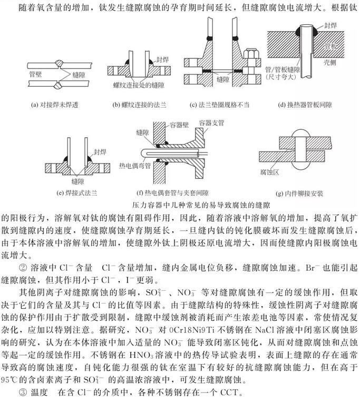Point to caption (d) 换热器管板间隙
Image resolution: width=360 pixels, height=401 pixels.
point(305,104)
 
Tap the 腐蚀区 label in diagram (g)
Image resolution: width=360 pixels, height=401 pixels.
point(268,173)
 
